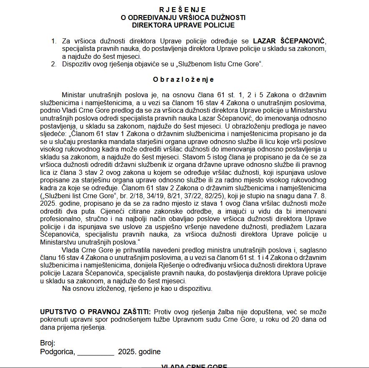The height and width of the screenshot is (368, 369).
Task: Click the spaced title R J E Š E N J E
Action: (182, 10)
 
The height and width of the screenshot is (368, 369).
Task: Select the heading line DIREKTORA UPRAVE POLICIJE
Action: (183, 25)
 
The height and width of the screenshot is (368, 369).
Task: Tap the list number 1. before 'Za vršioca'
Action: (53, 41)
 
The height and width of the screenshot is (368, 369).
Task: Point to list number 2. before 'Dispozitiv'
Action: (53, 64)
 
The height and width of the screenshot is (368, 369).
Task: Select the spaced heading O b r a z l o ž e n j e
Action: (183, 79)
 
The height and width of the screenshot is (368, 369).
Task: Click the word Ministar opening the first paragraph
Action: (75, 95)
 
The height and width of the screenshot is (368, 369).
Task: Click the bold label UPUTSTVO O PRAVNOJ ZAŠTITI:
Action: (96, 312)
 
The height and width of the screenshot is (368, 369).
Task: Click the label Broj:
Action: (48, 343)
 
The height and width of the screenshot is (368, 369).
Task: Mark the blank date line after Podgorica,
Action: (96, 352)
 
